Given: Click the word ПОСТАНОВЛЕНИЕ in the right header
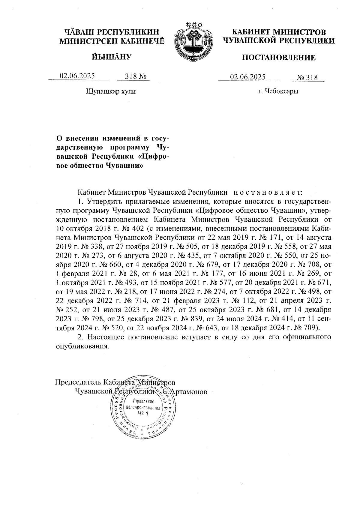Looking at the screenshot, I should tap(279, 58).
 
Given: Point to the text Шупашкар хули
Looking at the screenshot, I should tap(111, 91).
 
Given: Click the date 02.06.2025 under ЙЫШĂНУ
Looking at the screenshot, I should tap(77, 76).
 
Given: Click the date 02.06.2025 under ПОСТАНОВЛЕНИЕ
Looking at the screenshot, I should tap(248, 77).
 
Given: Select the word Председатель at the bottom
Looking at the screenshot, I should tap(78, 382).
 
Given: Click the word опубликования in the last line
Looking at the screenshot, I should tap(82, 346).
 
